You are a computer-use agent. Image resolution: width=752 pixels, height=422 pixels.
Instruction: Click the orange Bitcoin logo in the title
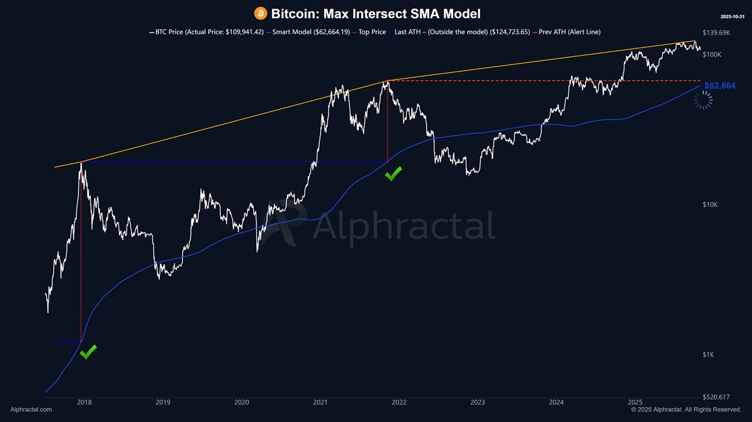[x=260, y=13]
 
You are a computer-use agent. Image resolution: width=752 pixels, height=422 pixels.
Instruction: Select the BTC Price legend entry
[x=206, y=32]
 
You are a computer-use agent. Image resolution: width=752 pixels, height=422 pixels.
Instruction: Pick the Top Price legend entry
[x=369, y=32]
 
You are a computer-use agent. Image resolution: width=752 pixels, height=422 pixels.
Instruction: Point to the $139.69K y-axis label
[x=716, y=33]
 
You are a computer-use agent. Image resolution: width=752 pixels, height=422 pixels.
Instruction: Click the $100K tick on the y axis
[x=712, y=55]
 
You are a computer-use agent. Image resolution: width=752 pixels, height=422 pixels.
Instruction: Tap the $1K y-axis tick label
[x=709, y=355]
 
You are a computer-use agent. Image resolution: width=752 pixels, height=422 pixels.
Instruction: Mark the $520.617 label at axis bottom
[x=716, y=397]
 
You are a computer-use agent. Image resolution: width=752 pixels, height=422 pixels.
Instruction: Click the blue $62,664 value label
[x=719, y=86]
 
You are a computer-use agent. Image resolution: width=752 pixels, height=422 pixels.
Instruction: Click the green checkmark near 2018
[x=88, y=352]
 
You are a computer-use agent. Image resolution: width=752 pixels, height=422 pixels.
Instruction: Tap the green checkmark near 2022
[x=393, y=174]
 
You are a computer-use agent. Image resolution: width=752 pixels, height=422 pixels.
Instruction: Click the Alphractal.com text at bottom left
[x=31, y=409]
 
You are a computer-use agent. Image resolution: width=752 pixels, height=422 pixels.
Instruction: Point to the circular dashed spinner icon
[x=704, y=100]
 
